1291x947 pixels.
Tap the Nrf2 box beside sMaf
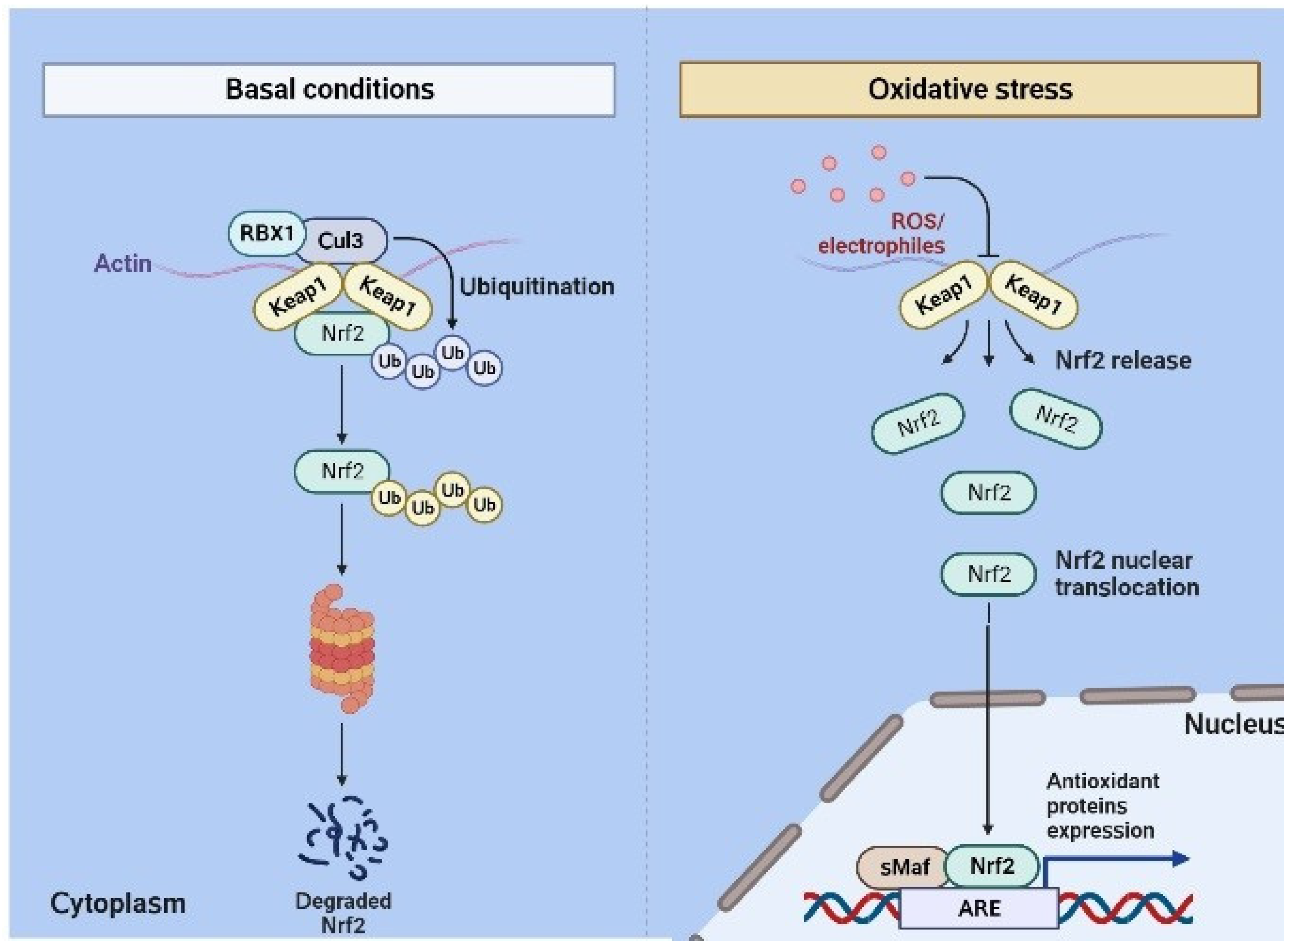[992, 866]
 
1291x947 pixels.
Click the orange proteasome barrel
[342, 649]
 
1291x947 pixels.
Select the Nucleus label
[1232, 724]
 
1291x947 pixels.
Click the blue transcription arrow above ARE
[1118, 859]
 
